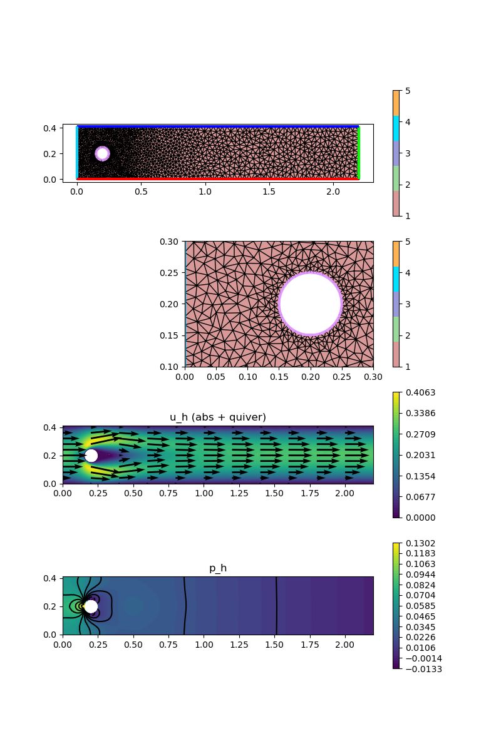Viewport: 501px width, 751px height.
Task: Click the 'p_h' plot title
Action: (x=218, y=569)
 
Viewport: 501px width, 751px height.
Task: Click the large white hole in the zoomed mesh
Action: (x=311, y=304)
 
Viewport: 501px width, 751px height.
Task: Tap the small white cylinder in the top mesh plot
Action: (x=102, y=153)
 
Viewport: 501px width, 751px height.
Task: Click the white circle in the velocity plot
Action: (x=91, y=456)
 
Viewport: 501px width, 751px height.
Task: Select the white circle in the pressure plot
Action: (x=91, y=606)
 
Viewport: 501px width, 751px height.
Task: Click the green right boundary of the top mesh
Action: (x=358, y=153)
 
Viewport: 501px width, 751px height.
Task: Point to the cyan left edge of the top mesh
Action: (x=77, y=153)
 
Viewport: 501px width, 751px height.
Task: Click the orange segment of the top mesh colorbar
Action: (x=396, y=103)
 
